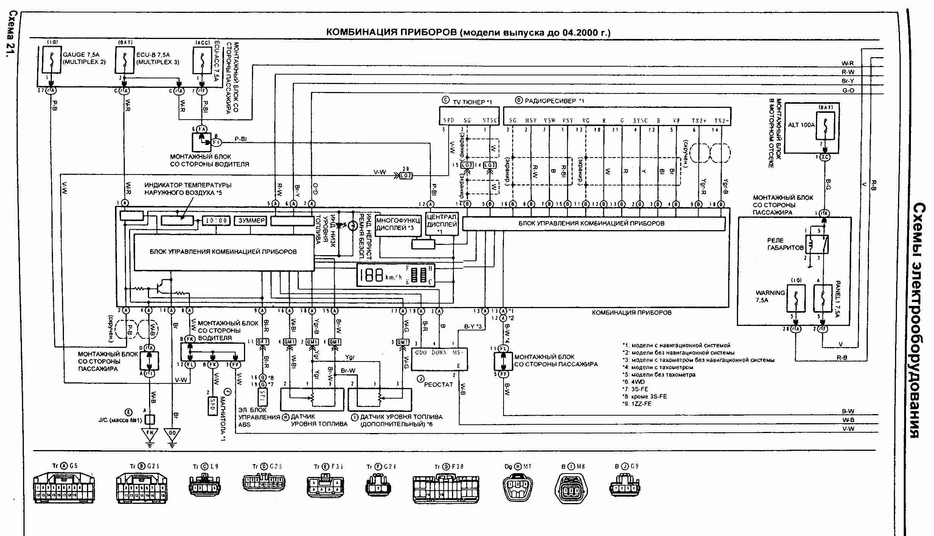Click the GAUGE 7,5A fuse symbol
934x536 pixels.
point(51,60)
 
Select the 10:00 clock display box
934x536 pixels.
point(216,221)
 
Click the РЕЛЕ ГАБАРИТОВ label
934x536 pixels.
point(785,244)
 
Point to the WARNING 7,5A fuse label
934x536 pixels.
point(770,296)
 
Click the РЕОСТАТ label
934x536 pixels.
point(438,384)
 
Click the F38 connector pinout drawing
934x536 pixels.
point(446,488)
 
